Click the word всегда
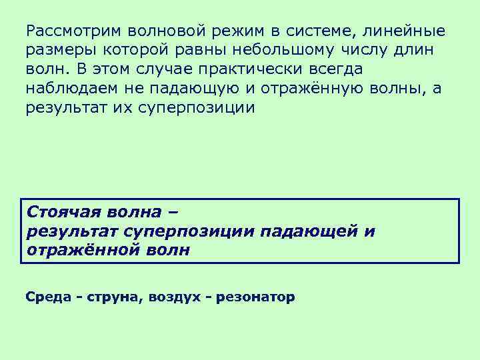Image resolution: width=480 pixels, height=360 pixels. [337, 69]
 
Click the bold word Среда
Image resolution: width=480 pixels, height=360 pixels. [47, 297]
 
